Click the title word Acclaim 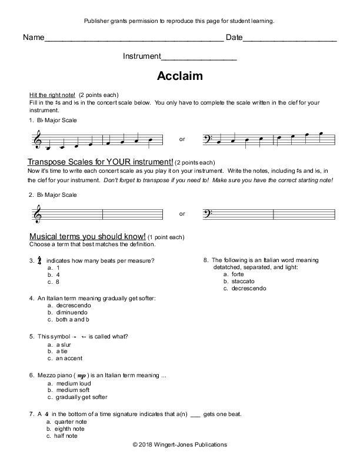click(180, 76)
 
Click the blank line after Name click(134, 41)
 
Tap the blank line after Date click(289, 41)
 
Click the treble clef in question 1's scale click(39, 139)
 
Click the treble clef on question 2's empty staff click(39, 214)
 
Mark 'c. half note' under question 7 click(66, 435)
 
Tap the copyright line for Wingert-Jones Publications click(180, 445)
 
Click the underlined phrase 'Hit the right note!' click(52, 95)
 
